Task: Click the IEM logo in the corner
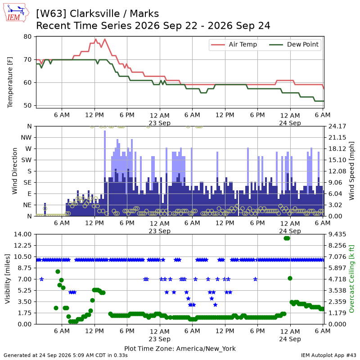[16, 13]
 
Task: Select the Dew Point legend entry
[294, 45]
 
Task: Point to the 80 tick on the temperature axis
[27, 37]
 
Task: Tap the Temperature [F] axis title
[10, 82]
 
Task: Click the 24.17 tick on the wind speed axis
[337, 126]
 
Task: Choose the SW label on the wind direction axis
[27, 160]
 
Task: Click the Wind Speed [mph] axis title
[351, 171]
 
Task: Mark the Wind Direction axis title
[15, 171]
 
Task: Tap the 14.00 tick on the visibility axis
[22, 234]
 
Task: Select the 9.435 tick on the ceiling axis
[337, 234]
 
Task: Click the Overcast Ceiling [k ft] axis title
[351, 279]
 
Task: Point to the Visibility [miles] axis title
[8, 279]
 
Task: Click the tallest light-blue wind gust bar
[105, 154]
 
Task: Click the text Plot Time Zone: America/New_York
[180, 348]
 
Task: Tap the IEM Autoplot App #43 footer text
[328, 355]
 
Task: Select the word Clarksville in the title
[95, 14]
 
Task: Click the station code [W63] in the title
[51, 14]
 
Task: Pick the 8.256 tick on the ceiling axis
[337, 245]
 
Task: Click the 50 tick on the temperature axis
[27, 106]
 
